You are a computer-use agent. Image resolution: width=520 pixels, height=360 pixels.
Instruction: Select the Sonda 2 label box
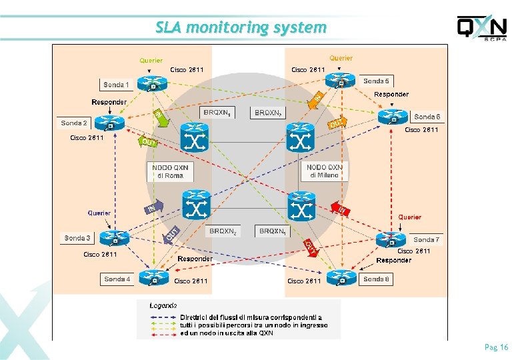pyautogui.click(x=73, y=123)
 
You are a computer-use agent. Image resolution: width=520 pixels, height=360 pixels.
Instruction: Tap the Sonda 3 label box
pyautogui.click(x=77, y=238)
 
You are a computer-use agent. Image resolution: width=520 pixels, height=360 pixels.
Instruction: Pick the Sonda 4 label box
pyautogui.click(x=117, y=279)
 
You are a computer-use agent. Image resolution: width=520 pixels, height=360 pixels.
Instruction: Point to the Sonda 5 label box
pyautogui.click(x=377, y=81)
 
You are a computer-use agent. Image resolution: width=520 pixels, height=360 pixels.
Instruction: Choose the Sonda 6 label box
pyautogui.click(x=427, y=117)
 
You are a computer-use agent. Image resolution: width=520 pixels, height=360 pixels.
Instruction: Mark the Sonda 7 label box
pyautogui.click(x=427, y=239)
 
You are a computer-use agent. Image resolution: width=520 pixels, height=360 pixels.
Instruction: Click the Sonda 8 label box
pyautogui.click(x=376, y=279)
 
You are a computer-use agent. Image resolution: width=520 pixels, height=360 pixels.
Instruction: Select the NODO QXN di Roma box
pyautogui.click(x=170, y=171)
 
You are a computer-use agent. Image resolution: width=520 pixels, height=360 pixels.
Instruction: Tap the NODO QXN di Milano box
pyautogui.click(x=325, y=171)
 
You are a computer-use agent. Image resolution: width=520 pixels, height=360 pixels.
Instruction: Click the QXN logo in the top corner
pyautogui.click(x=481, y=29)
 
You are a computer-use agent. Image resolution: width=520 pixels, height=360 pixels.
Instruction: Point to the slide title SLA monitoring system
pyautogui.click(x=241, y=27)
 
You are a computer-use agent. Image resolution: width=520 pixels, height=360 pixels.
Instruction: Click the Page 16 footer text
pyautogui.click(x=496, y=347)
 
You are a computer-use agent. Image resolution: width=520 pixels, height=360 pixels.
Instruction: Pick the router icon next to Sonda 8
pyautogui.click(x=342, y=276)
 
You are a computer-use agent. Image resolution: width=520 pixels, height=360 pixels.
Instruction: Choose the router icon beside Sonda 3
pyautogui.click(x=118, y=238)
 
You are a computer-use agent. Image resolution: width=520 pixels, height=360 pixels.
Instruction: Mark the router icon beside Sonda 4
pyautogui.click(x=154, y=276)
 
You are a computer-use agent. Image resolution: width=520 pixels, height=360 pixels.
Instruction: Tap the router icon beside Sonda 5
pyautogui.click(x=343, y=81)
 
